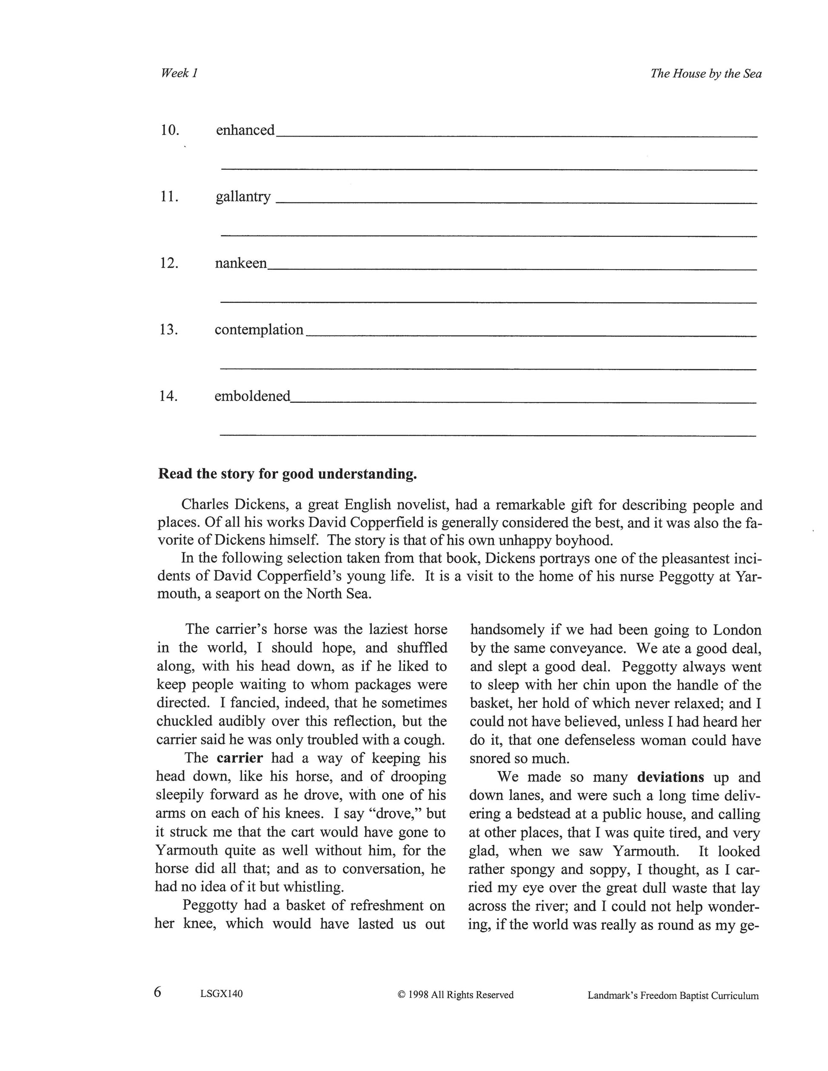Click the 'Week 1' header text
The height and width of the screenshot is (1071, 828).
179,73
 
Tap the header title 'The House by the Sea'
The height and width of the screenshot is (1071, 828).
706,74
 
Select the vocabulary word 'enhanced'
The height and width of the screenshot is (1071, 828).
245,130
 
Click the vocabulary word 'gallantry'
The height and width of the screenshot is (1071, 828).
243,197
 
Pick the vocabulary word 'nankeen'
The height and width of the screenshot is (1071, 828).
241,263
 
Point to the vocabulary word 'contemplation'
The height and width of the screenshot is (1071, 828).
259,330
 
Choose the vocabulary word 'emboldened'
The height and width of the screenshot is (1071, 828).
253,396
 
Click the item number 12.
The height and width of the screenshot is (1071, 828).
169,263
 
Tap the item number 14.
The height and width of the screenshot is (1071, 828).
168,396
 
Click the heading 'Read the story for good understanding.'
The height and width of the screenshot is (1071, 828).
288,474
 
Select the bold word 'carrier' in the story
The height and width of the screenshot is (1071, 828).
240,758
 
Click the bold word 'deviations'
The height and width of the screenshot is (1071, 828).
671,777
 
